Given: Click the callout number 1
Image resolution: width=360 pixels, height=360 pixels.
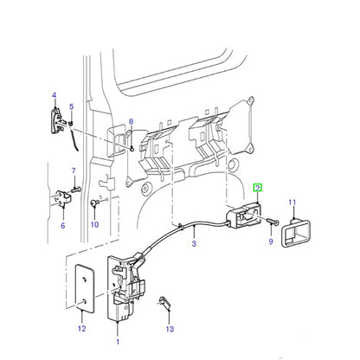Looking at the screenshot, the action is point(118,342).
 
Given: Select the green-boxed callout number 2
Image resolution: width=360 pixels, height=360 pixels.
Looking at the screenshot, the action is point(257,188).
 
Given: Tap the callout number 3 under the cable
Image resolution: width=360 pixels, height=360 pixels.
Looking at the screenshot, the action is point(194,243).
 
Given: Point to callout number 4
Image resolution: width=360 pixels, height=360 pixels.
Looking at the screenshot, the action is point(54,95).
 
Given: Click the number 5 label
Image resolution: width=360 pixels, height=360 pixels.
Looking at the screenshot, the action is point(71,106).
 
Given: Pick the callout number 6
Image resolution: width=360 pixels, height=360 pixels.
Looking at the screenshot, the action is point(63,225).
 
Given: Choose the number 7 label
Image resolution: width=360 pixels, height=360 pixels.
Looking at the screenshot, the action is point(74,170).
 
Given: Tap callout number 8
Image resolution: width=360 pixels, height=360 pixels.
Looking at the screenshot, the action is point(132,121).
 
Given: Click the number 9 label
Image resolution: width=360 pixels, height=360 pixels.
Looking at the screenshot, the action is point(271,241).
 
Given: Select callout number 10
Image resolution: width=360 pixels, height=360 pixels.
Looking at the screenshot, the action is point(95,224).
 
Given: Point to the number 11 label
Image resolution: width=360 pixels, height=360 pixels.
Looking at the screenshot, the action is point(292,202).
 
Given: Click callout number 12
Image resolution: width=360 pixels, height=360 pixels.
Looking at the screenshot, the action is point(82,328).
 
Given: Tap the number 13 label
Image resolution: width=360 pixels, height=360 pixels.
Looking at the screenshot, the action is point(170,329).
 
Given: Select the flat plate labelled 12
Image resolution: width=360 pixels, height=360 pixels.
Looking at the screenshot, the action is point(85,289).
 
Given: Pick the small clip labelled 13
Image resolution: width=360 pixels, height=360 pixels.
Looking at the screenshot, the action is point(164,302).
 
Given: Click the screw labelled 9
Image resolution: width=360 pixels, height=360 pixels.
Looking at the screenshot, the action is point(273,222).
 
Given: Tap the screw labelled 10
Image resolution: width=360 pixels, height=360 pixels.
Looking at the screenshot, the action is point(94,202).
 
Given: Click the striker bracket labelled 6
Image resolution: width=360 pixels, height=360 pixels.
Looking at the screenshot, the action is point(63,198).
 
